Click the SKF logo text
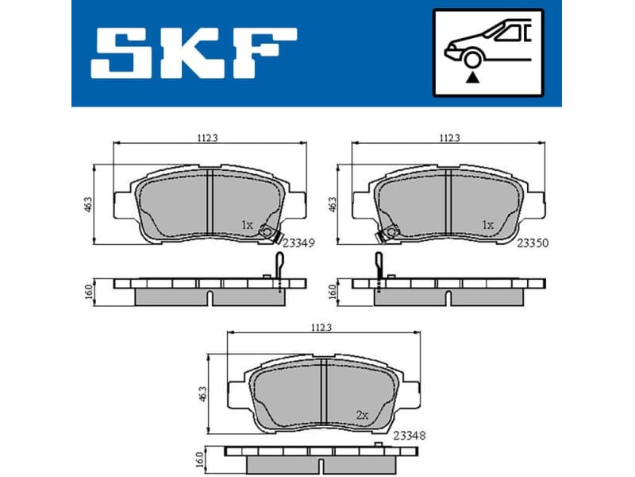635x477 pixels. (194, 53)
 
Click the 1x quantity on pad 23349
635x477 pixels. (246, 226)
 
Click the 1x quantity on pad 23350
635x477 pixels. (487, 226)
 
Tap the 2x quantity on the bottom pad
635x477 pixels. (361, 415)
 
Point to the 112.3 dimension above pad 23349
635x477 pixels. (207, 138)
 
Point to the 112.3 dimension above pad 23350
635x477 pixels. (450, 138)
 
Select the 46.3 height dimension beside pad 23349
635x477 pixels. (90, 205)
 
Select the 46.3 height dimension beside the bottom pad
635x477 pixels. (203, 394)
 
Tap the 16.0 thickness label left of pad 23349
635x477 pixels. (90, 292)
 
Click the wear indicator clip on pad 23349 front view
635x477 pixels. (271, 234)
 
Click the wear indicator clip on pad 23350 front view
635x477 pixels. (388, 234)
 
